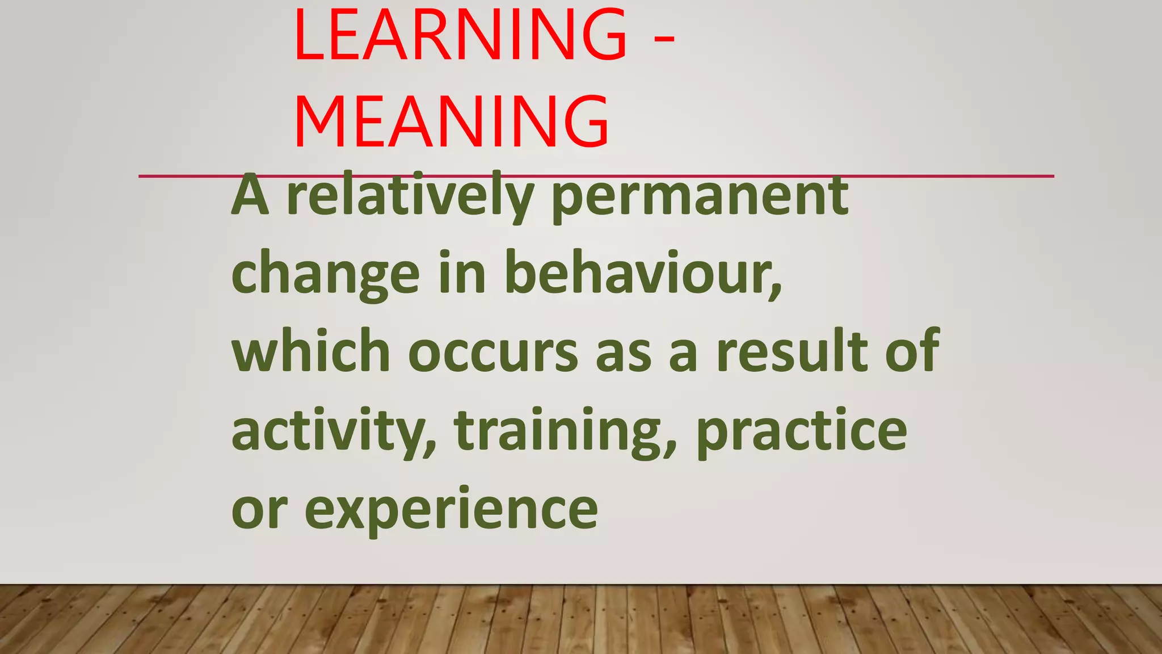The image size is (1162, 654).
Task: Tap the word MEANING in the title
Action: click(452, 122)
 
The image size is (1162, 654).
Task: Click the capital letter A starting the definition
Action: click(250, 196)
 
